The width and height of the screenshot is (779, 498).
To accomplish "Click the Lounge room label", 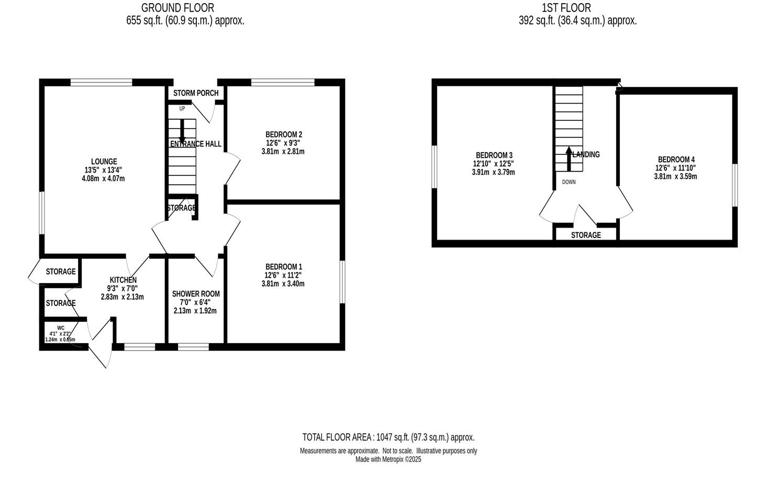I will click(x=104, y=162).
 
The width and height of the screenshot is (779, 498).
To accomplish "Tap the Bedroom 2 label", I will click(x=283, y=134).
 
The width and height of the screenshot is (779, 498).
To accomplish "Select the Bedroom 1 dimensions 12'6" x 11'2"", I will click(x=283, y=275).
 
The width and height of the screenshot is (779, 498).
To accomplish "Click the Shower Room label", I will click(x=196, y=294).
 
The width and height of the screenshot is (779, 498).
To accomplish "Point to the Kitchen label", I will click(x=123, y=280).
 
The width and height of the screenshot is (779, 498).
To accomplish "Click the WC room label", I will click(x=61, y=328).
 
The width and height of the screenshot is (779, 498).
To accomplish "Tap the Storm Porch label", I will click(x=196, y=93).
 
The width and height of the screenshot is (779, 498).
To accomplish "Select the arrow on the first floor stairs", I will click(x=569, y=159).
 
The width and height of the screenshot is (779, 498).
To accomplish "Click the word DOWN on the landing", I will click(x=569, y=182).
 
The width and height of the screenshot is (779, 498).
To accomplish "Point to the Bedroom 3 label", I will click(x=494, y=155).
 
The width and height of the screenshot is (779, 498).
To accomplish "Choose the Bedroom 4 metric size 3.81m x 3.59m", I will click(x=675, y=177).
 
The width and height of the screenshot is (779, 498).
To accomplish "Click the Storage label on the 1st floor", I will click(x=586, y=235).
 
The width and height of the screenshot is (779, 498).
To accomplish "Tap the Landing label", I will click(x=586, y=154).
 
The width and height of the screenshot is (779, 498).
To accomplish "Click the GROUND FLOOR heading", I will click(x=177, y=8).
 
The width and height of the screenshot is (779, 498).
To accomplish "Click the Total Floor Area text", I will click(x=388, y=437).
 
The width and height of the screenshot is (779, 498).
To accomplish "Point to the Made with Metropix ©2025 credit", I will click(x=388, y=460).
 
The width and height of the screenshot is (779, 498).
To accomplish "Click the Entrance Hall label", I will click(x=196, y=144).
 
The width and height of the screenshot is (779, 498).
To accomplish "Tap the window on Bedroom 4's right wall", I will click(x=735, y=185).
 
